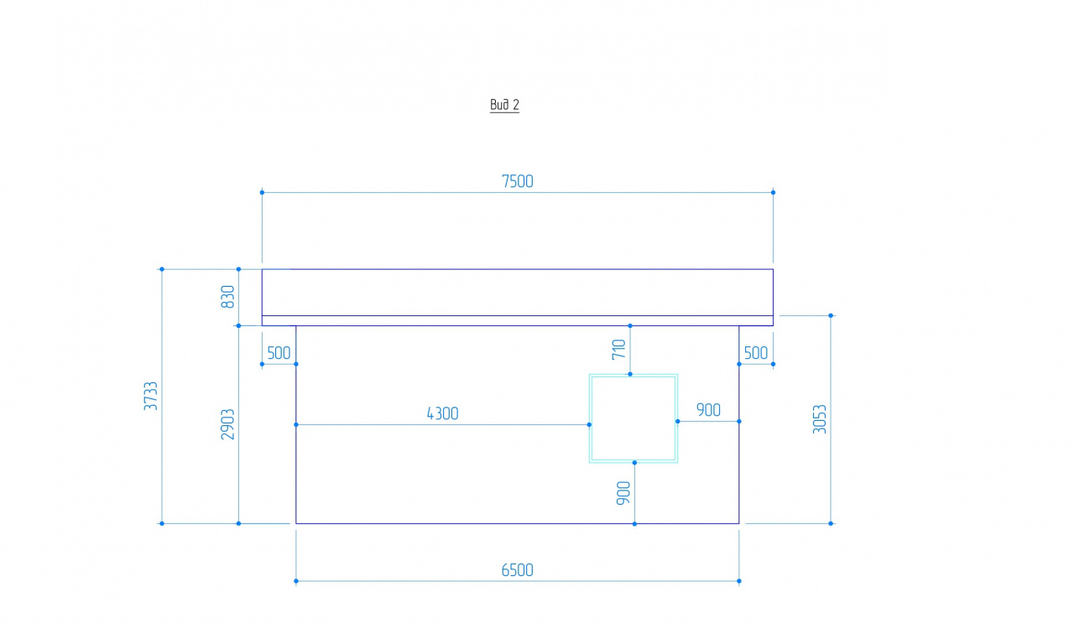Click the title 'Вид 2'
[504, 105]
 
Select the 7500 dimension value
[518, 182]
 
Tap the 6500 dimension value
[518, 570]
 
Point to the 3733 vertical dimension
[150, 396]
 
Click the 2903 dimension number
[227, 424]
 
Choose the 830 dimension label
[227, 297]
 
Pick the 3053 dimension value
[820, 419]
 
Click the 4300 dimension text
[442, 413]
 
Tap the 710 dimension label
[619, 349]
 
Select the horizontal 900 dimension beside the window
[709, 410]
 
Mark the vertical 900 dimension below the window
[623, 493]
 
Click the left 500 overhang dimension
[279, 354]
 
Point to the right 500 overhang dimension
[756, 353]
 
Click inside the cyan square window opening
[633, 418]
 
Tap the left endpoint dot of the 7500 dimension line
[263, 193]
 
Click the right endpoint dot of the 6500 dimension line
[739, 581]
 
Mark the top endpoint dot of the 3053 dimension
[831, 315]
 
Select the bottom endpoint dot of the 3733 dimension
[162, 523]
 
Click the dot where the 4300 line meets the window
[589, 425]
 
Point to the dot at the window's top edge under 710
[630, 374]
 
